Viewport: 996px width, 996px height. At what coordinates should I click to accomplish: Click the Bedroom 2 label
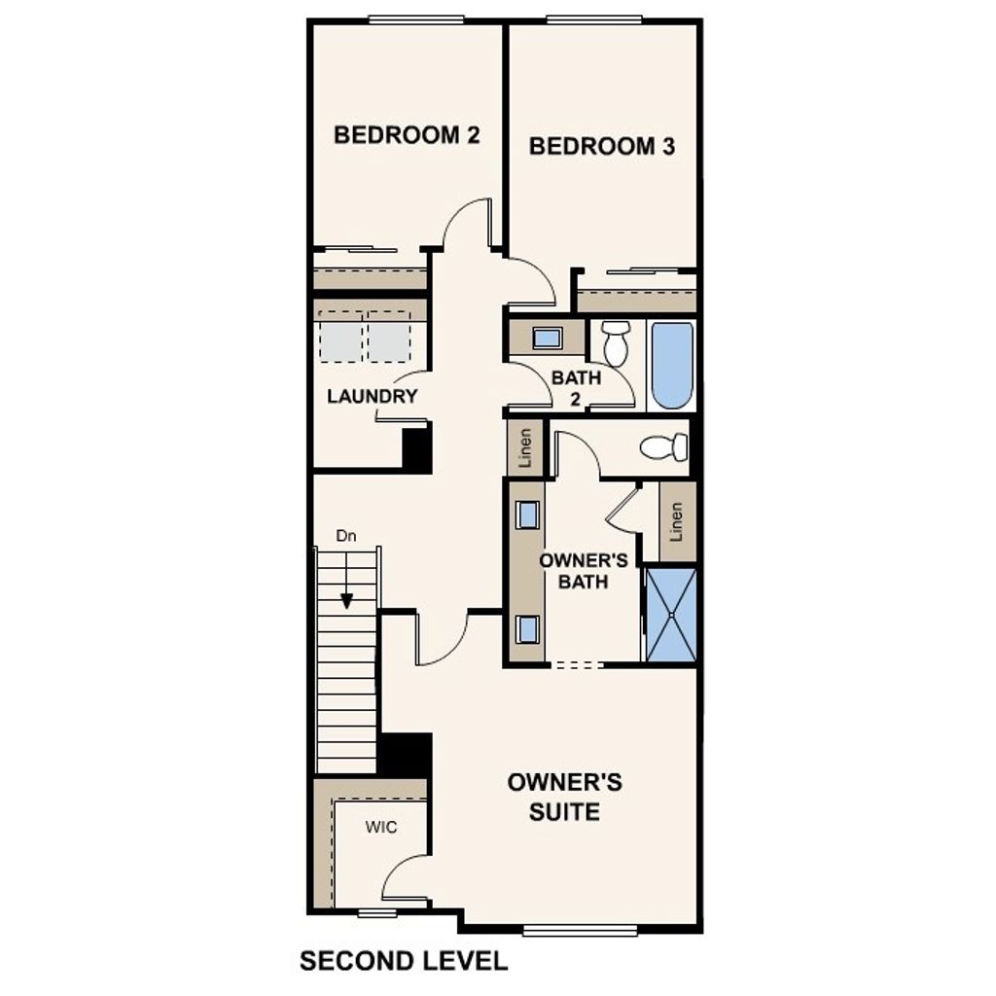pos(407,134)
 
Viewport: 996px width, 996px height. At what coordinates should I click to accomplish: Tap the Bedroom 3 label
pos(602,146)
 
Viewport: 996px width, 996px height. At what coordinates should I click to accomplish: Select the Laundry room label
pos(373,396)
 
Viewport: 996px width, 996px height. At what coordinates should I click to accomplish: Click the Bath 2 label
pos(576,386)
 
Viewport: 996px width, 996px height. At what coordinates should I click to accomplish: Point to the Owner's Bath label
pos(574,571)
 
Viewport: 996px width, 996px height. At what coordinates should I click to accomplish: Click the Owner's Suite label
pos(564,797)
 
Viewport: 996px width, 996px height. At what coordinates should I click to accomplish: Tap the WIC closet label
pos(381,827)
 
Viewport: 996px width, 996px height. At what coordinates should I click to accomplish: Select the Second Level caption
pos(403,962)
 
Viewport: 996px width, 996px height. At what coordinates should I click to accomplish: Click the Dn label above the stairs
pos(345,536)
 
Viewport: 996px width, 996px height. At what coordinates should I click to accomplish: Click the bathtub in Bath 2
pos(672,366)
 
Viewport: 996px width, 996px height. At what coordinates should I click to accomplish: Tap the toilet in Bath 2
pos(615,342)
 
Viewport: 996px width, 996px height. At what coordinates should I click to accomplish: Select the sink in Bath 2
pos(548,338)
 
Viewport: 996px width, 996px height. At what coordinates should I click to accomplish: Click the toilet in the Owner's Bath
pos(664,447)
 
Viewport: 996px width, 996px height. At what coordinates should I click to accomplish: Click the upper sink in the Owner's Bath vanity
pos(528,515)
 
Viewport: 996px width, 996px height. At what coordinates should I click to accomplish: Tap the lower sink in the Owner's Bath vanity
pos(528,629)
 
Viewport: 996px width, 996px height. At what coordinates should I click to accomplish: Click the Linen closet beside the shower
pos(677,521)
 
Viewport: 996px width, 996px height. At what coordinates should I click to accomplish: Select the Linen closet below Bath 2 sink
pos(525,447)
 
